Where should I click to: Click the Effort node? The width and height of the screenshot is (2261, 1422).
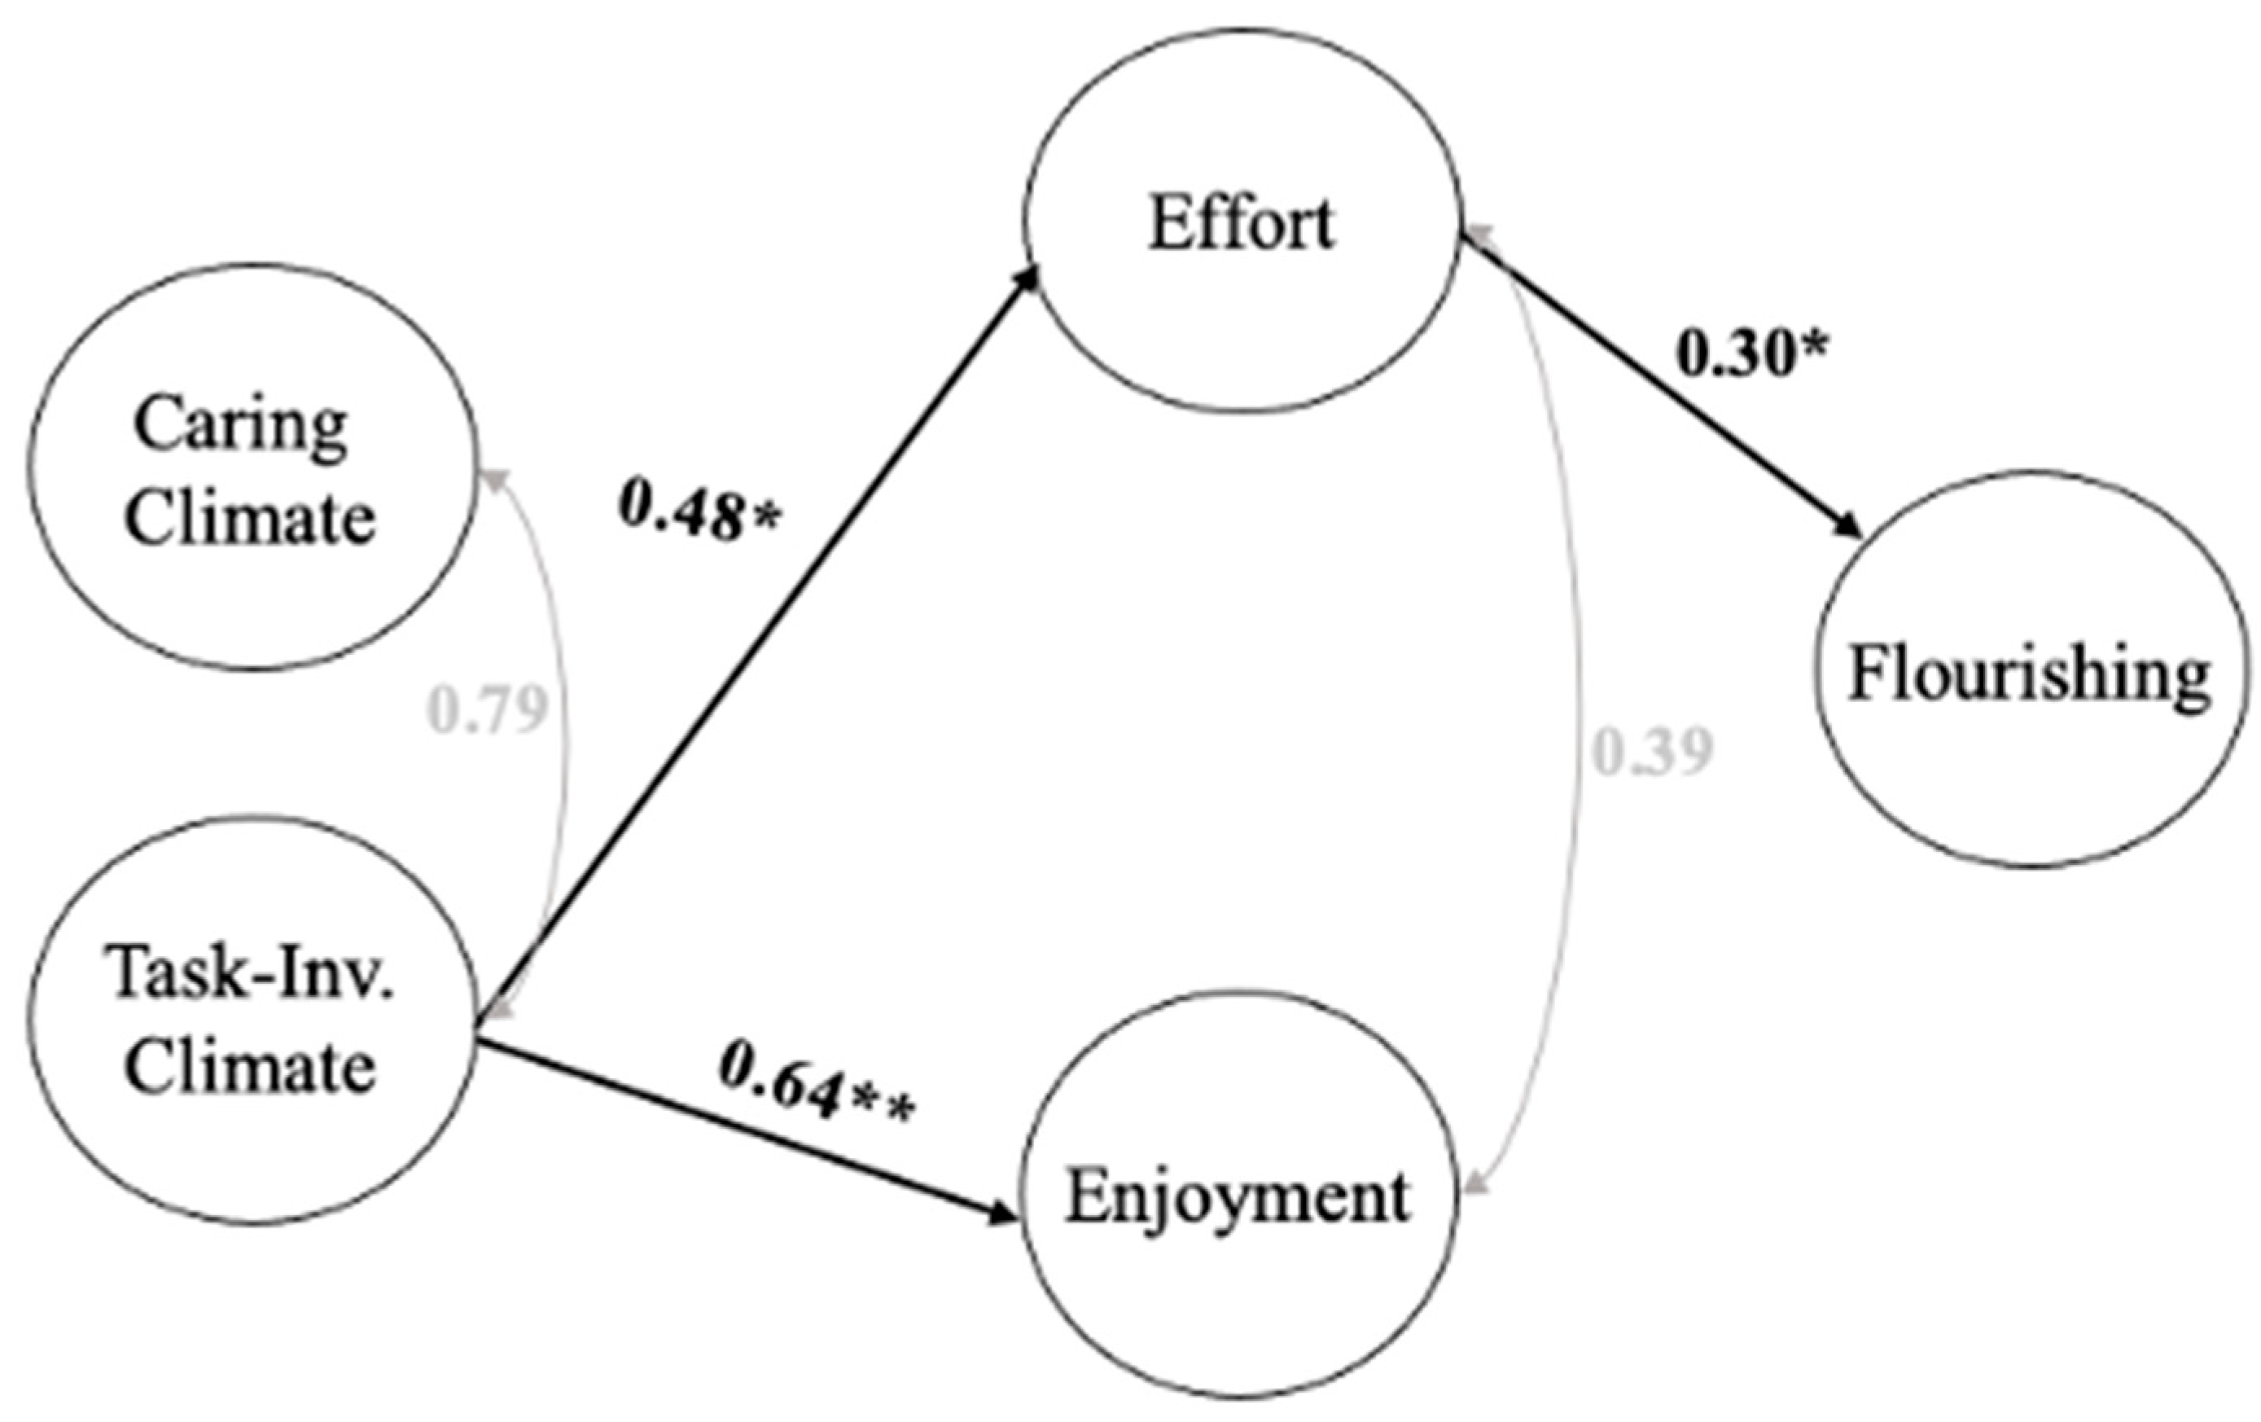click(1242, 221)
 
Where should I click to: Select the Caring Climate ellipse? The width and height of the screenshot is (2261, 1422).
click(251, 467)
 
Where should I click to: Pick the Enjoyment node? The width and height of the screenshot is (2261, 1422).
click(1238, 1197)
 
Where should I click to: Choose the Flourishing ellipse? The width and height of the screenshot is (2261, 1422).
click(2030, 669)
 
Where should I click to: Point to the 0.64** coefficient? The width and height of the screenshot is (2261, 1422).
click(815, 1095)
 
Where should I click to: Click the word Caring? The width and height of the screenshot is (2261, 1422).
click(240, 424)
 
